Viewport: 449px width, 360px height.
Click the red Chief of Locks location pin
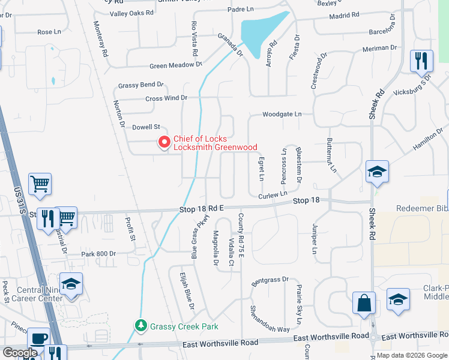163,142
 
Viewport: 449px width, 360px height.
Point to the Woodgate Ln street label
282,114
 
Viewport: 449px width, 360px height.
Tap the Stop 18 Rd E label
201,208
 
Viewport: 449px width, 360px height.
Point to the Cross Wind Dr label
166,98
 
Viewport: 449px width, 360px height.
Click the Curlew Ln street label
273,195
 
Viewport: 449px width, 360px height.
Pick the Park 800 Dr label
98,254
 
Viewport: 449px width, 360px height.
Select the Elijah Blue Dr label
187,291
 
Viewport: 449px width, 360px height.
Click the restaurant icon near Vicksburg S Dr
420,61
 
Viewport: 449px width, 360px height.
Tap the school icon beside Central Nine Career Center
71,284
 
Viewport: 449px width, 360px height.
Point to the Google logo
20,353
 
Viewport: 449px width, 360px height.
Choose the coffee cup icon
40,339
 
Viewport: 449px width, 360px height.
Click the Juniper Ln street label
314,239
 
